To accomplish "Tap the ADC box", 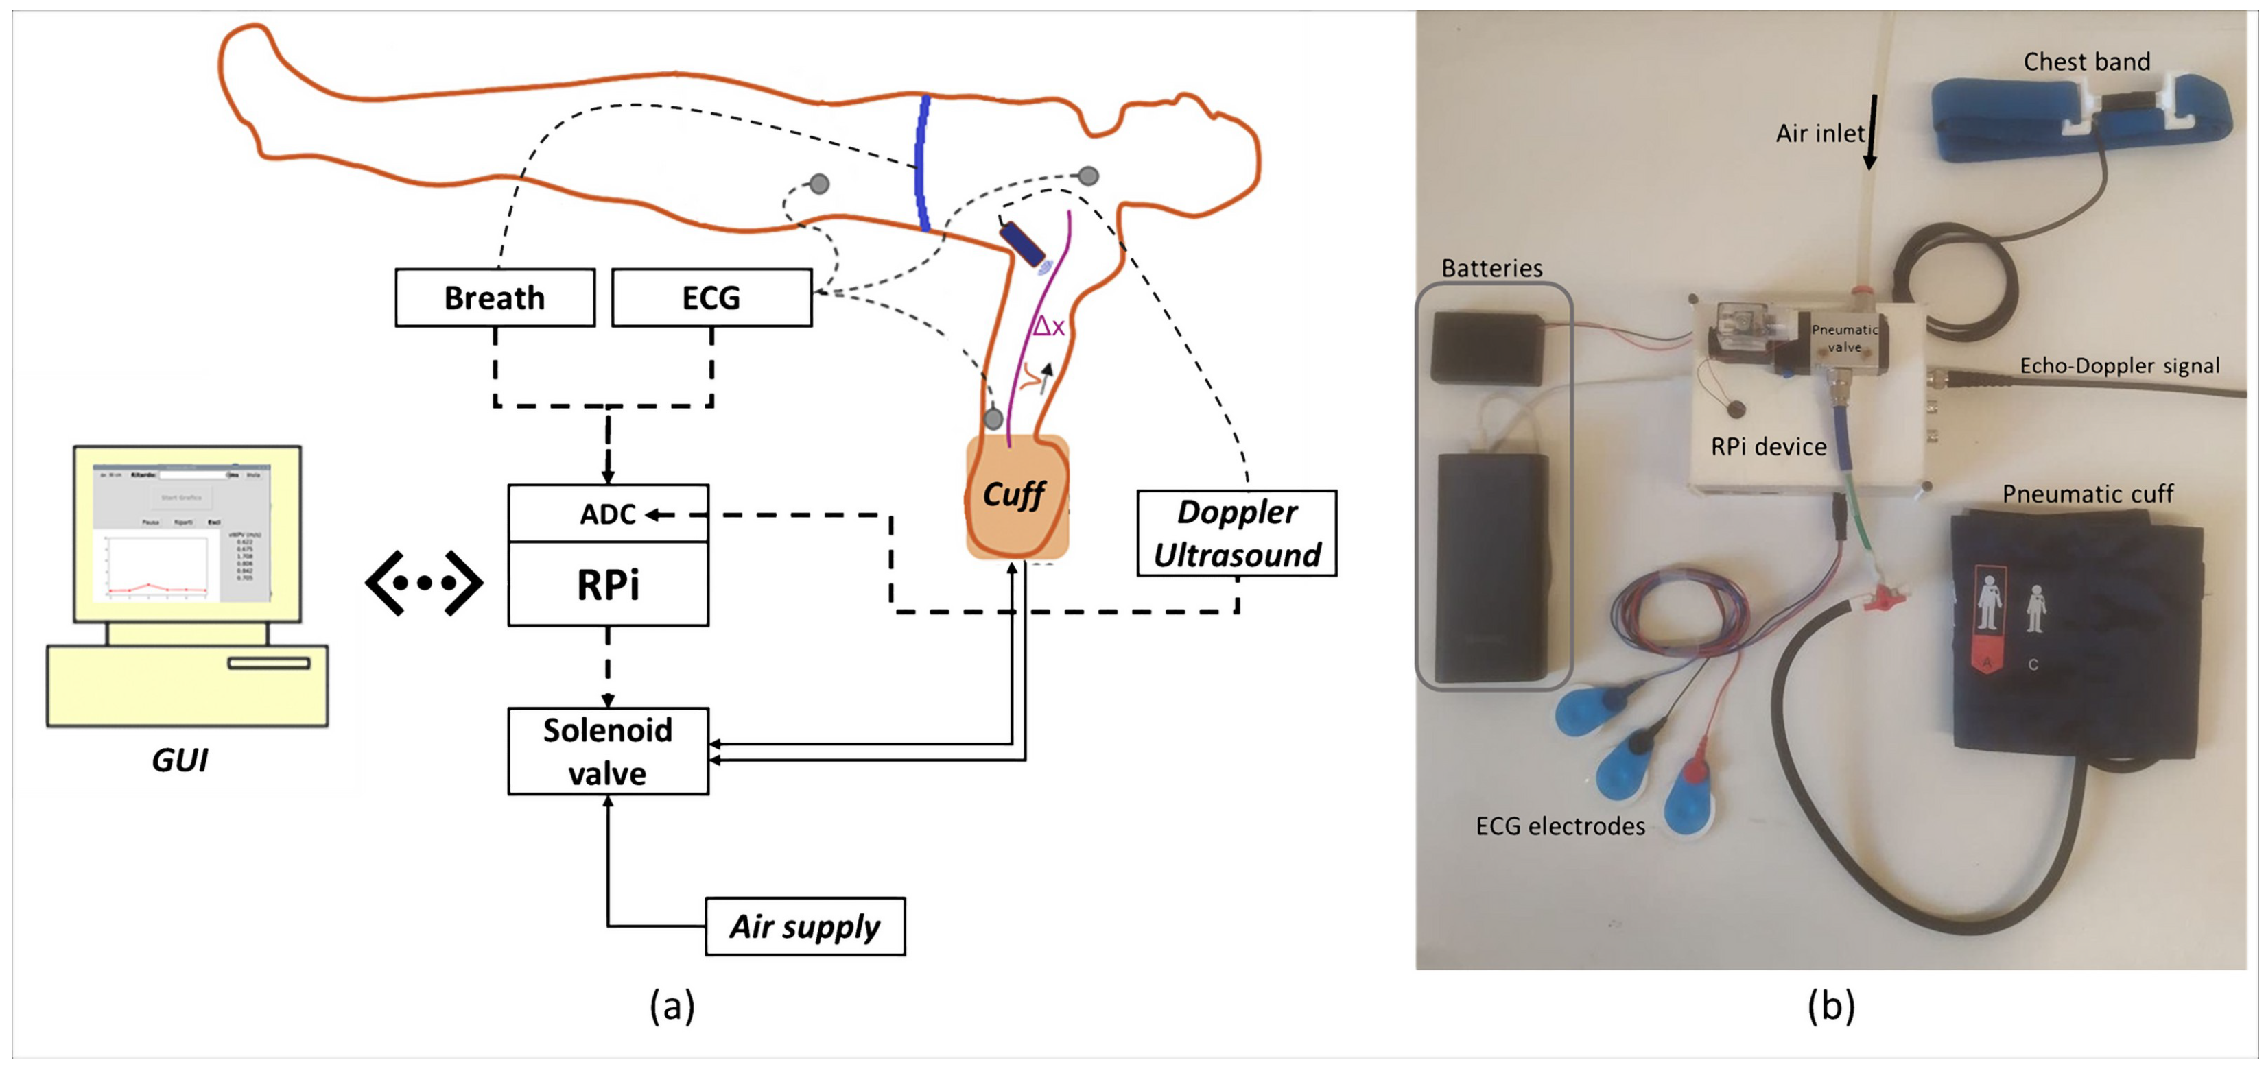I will click(x=608, y=514).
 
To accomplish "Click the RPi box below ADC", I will click(x=608, y=584).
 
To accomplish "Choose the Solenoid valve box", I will click(x=608, y=751).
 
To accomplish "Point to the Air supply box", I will click(x=804, y=926).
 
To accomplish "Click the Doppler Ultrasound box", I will click(x=1236, y=533).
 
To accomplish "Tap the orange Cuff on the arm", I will click(x=1016, y=497).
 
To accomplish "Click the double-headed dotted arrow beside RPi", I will click(x=424, y=582).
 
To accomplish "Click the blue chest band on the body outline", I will click(x=922, y=163).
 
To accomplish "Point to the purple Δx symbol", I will click(x=1048, y=327).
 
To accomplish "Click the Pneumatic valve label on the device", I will click(x=1844, y=337).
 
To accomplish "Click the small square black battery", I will click(x=1487, y=348).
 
